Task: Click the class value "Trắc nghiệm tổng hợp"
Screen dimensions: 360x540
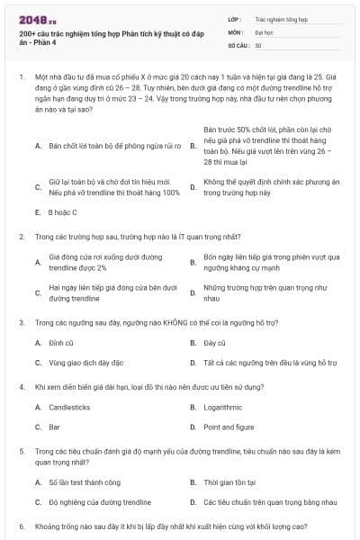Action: tap(281, 18)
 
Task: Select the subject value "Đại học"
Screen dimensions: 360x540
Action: tap(265, 31)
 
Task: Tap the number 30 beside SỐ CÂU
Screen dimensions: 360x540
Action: tap(258, 44)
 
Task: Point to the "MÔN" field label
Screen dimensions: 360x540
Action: tap(235, 31)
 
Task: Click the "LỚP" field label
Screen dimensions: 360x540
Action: tap(235, 18)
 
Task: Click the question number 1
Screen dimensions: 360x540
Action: tap(21, 79)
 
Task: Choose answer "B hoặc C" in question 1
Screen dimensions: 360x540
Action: tap(62, 212)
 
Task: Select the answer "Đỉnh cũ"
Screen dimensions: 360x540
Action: tap(61, 343)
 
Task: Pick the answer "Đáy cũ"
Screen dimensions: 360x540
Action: tap(214, 343)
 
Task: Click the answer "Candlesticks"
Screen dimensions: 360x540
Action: tap(69, 407)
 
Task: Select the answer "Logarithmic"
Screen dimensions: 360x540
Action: tap(222, 407)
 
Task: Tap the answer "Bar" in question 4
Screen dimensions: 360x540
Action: tap(55, 427)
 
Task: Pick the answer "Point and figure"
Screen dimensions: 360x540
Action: tap(229, 427)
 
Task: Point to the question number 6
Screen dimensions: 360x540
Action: tap(21, 526)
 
